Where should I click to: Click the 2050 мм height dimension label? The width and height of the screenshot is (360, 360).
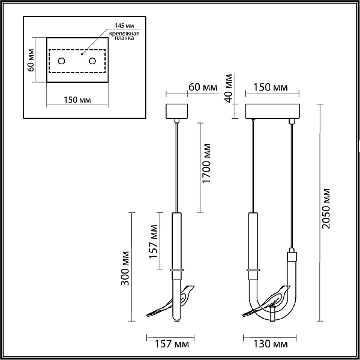point(326,209)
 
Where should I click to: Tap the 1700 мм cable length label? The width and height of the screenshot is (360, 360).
point(206,163)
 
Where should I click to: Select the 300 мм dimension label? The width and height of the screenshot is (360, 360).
point(125,269)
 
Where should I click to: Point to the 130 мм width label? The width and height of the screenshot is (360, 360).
point(270,344)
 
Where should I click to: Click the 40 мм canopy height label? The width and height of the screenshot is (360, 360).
point(229,88)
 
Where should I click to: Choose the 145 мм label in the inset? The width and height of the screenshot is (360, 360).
point(124,25)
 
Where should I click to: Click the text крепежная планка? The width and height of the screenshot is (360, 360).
point(124,36)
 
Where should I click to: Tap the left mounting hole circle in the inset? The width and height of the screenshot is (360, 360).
point(62,61)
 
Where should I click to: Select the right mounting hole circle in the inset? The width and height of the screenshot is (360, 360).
point(92,61)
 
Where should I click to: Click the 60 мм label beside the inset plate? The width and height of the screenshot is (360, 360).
point(31,60)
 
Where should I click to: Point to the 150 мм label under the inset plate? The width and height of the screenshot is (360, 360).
point(77,100)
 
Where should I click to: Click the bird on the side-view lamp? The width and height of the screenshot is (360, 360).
point(170,301)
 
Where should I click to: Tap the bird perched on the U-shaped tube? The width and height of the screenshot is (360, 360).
point(266,301)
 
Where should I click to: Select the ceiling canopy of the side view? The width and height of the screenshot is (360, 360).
point(177,111)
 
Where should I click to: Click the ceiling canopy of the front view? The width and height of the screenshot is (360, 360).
point(272,111)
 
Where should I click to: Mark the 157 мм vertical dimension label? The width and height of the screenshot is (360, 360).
point(154,242)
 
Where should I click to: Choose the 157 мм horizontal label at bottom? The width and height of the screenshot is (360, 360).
point(172,344)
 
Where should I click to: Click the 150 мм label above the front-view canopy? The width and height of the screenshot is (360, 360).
point(271,87)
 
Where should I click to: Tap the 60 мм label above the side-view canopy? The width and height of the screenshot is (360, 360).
point(203,87)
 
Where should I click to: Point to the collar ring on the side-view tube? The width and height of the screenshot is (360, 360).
point(177,270)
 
